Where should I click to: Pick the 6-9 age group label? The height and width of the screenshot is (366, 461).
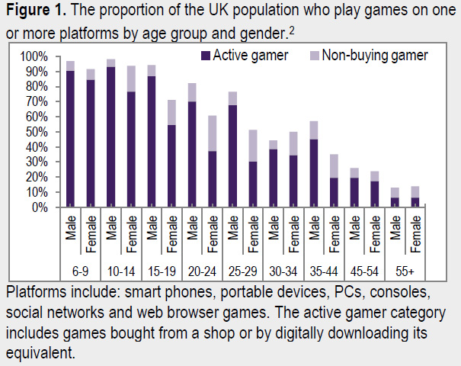(79, 271)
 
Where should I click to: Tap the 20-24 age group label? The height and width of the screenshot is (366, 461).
(201, 271)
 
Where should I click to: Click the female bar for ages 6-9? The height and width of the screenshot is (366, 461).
(91, 142)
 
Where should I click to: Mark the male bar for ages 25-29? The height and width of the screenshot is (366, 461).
(231, 152)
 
